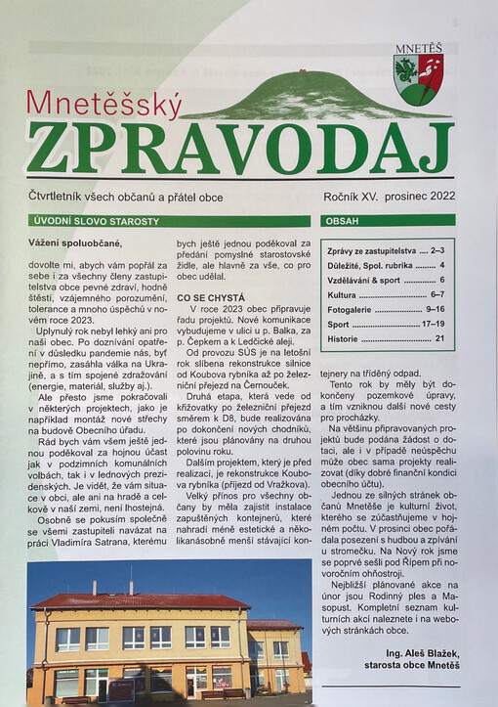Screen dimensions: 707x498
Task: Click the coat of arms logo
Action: click(x=418, y=79)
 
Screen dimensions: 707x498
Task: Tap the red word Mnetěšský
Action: click(x=104, y=103)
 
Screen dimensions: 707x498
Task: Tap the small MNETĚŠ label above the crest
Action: click(x=418, y=47)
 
